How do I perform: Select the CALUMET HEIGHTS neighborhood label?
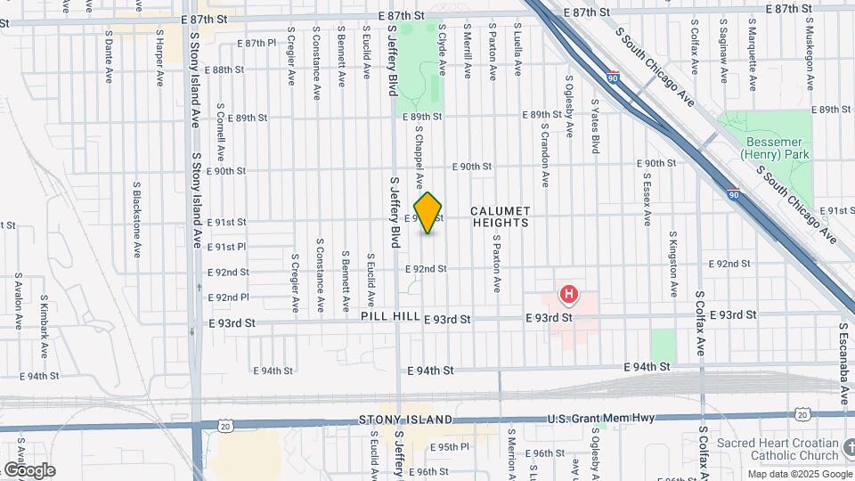tap(501, 216)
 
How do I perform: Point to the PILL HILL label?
tap(390, 317)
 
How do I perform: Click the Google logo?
tap(28, 470)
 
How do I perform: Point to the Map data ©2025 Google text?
tap(799, 474)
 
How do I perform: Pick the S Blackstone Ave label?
tap(136, 211)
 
